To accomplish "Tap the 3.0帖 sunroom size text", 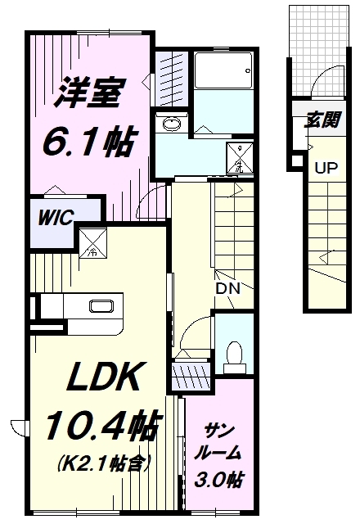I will pos(217,478).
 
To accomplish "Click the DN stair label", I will pos(226,288).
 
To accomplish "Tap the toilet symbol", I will pos(234,351).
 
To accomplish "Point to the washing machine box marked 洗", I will pos(239,158).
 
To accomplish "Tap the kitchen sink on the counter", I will pos(103,308).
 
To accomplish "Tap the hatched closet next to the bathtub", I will pos(170,73).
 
